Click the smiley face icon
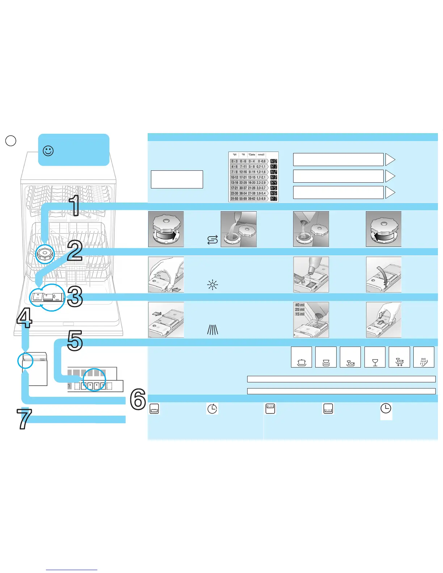coord(48,150)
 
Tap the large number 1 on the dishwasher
coord(75,205)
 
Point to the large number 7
coord(24,419)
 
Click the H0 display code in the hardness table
coord(274,161)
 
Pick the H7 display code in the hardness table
coord(274,199)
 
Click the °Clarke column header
coord(252,155)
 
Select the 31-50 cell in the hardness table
coord(235,199)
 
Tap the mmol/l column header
coord(261,155)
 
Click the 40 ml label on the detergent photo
coord(300,305)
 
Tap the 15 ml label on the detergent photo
coord(300,314)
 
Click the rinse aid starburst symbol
coord(212,285)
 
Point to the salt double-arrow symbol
coord(212,240)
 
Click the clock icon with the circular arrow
coord(212,409)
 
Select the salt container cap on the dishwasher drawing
coord(45,254)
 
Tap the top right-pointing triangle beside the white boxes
coord(390,160)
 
